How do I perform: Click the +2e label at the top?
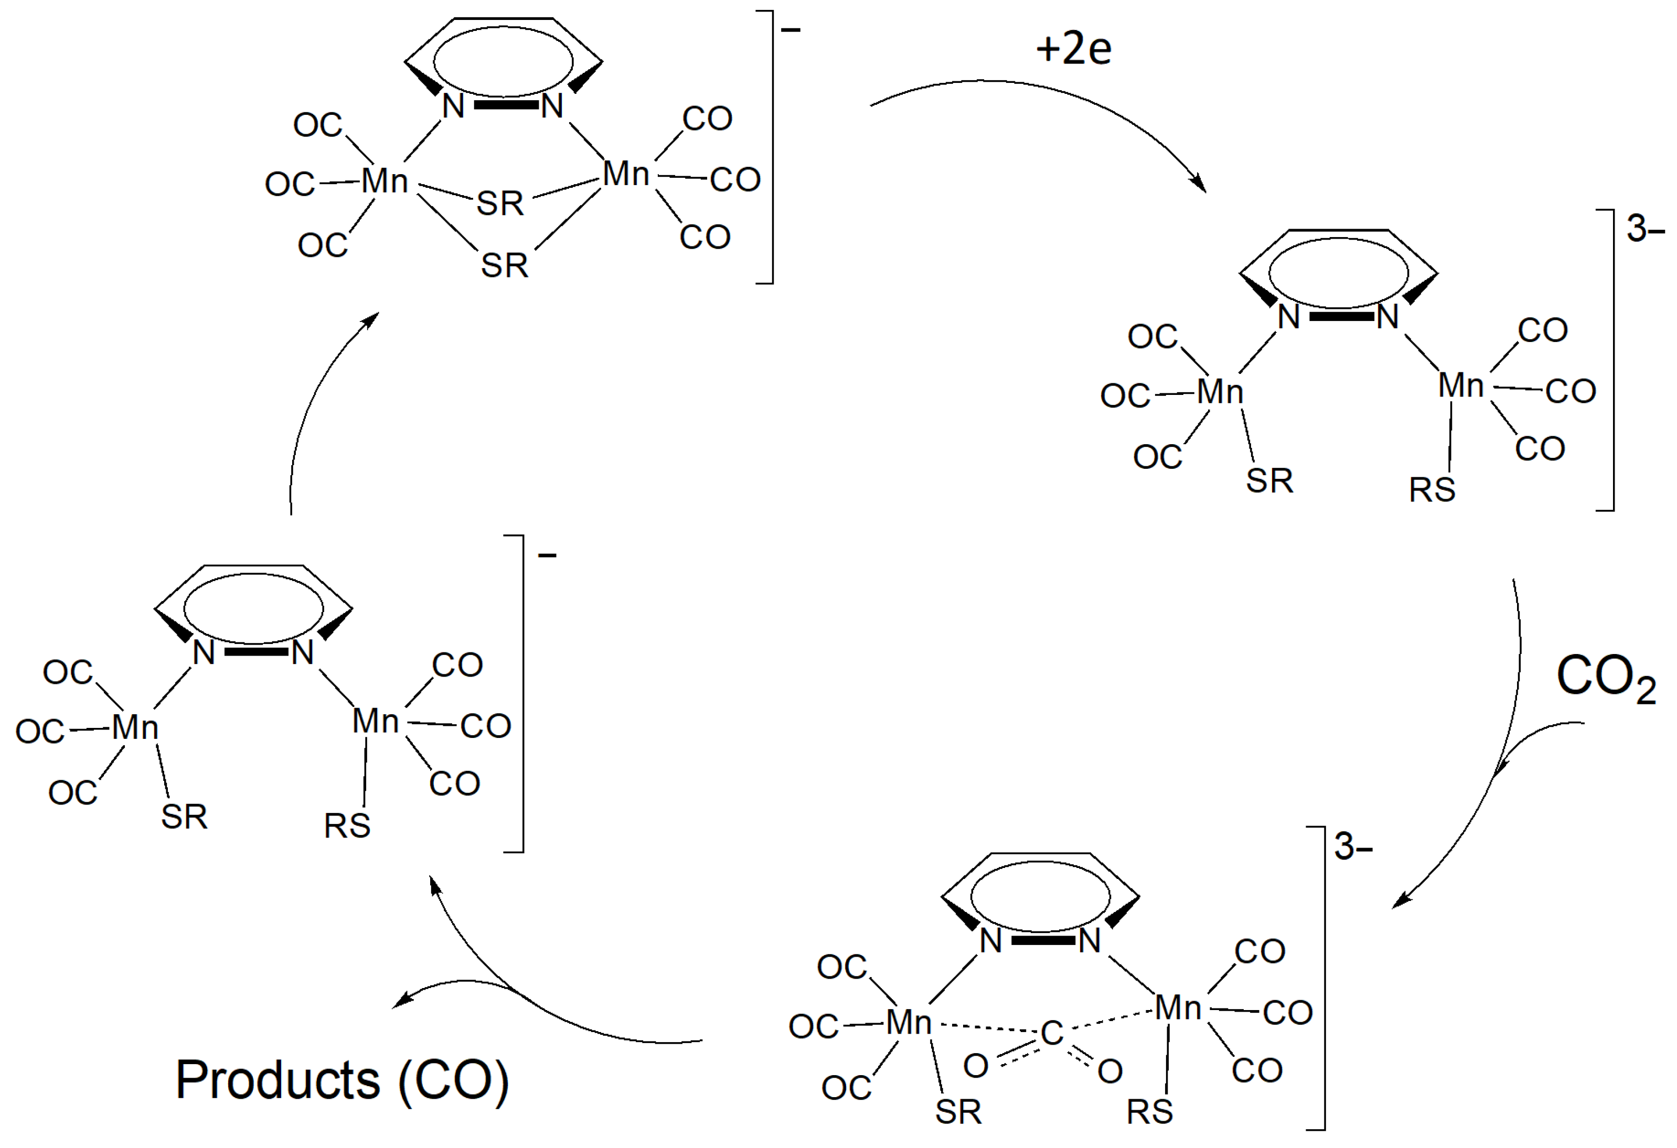tap(1074, 49)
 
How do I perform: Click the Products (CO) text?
tap(342, 1080)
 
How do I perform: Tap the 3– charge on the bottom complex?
tap(1352, 846)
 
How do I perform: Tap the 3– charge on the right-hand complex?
tap(1645, 230)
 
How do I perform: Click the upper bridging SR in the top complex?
tap(500, 203)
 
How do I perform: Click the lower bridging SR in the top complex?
tap(505, 265)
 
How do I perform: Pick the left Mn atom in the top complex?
tap(384, 180)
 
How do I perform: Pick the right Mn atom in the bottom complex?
tap(1178, 1008)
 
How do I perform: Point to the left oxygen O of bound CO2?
tap(976, 1066)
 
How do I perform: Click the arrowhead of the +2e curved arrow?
tap(1199, 184)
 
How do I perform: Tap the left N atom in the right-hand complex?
tap(1289, 317)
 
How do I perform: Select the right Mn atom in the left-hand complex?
tap(375, 721)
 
